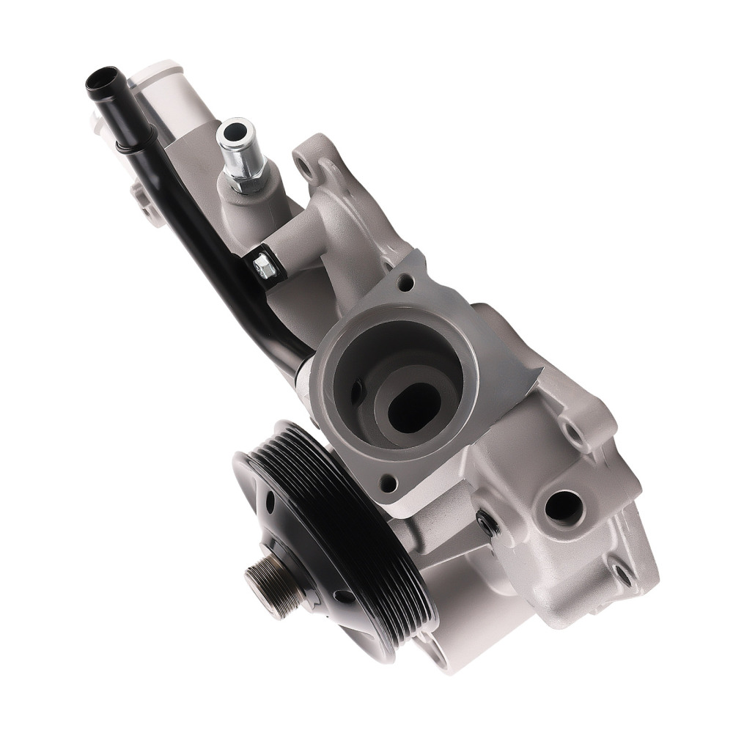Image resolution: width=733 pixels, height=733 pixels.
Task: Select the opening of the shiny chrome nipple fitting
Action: click(235, 133)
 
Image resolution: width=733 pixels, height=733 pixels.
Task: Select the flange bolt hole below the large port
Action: click(389, 483)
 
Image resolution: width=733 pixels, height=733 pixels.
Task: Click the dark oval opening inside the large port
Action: click(413, 408)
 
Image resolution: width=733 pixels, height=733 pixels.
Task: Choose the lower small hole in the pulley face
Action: click(342, 596)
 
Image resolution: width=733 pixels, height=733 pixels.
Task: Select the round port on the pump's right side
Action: click(564, 507)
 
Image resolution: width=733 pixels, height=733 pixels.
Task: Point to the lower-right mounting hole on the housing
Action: click(623, 572)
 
